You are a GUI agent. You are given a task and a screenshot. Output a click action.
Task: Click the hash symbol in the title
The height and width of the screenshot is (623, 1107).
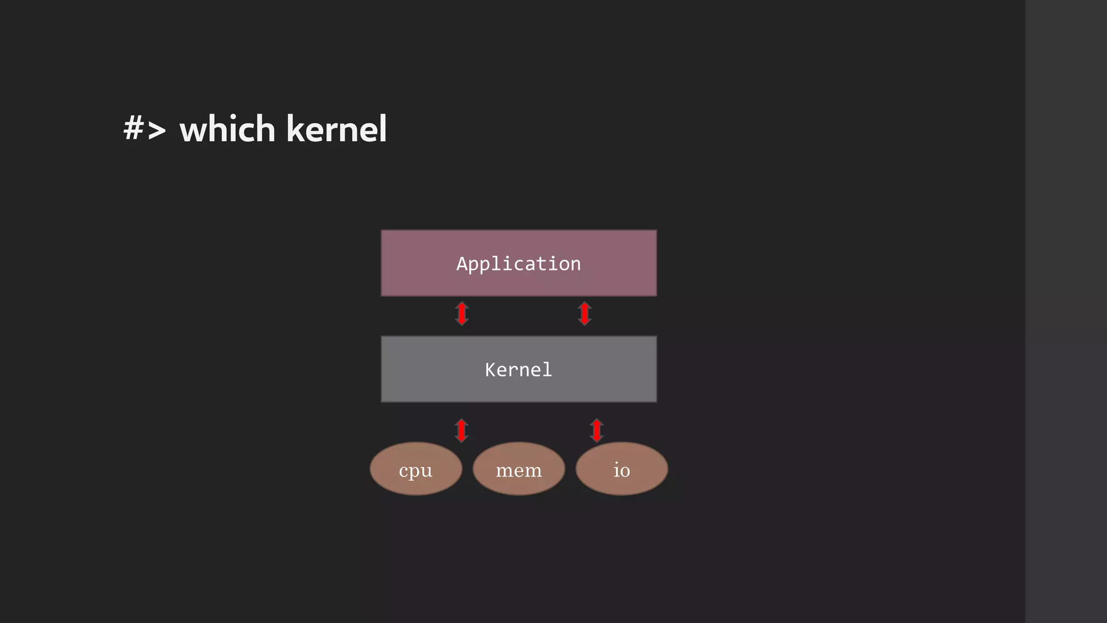(134, 129)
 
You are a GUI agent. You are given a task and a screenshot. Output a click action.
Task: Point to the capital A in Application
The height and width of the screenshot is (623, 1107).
(462, 264)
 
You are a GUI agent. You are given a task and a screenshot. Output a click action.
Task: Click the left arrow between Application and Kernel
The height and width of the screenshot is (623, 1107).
(462, 314)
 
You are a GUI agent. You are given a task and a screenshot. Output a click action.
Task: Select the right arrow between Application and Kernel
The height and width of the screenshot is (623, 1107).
(584, 314)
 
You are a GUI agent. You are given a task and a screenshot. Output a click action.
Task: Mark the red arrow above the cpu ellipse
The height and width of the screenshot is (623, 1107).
(461, 430)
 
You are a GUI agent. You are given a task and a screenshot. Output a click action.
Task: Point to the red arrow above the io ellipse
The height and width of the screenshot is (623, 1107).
(596, 430)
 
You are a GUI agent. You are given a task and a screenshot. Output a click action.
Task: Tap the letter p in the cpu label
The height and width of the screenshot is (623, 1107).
(416, 472)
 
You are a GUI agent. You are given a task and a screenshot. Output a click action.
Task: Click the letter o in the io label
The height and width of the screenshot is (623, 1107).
(625, 471)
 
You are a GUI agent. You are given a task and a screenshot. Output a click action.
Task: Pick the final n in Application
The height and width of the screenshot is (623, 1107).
(576, 264)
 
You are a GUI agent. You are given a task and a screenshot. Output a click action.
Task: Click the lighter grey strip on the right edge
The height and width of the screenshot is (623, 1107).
(1066, 311)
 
